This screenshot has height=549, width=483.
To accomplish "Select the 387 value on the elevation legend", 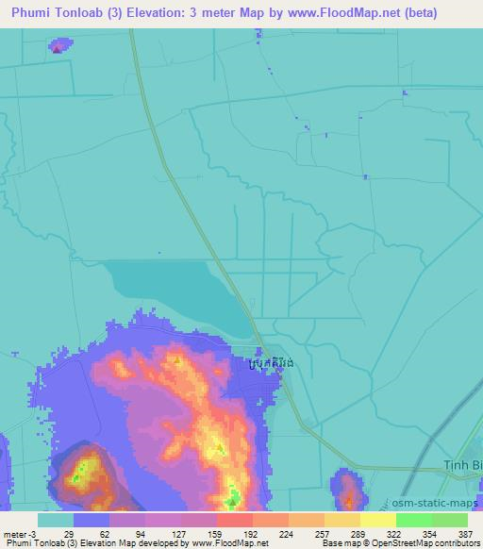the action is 457,534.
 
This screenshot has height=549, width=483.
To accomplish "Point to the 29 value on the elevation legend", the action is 69,534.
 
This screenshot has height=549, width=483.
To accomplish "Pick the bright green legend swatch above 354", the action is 414,520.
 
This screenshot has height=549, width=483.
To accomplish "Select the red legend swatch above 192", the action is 235,520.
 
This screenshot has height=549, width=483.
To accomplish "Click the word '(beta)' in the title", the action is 416,13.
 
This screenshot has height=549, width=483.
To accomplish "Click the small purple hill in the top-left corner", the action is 58,45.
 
